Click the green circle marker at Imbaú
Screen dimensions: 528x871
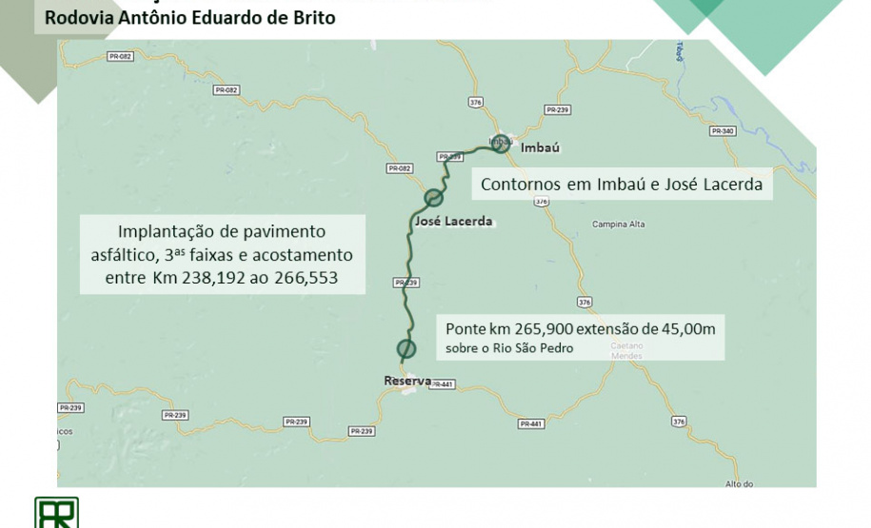(502, 146)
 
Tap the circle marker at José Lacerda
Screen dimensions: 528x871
(433, 198)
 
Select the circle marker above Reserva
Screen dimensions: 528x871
(406, 348)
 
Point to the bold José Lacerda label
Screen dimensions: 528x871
(454, 222)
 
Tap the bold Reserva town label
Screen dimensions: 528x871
(407, 381)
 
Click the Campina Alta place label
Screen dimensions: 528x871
(620, 224)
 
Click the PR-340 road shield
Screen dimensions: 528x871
(722, 130)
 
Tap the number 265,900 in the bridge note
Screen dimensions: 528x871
(545, 328)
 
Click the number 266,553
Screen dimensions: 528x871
(307, 278)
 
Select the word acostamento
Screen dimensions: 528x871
(303, 255)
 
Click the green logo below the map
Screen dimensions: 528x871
(56, 513)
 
